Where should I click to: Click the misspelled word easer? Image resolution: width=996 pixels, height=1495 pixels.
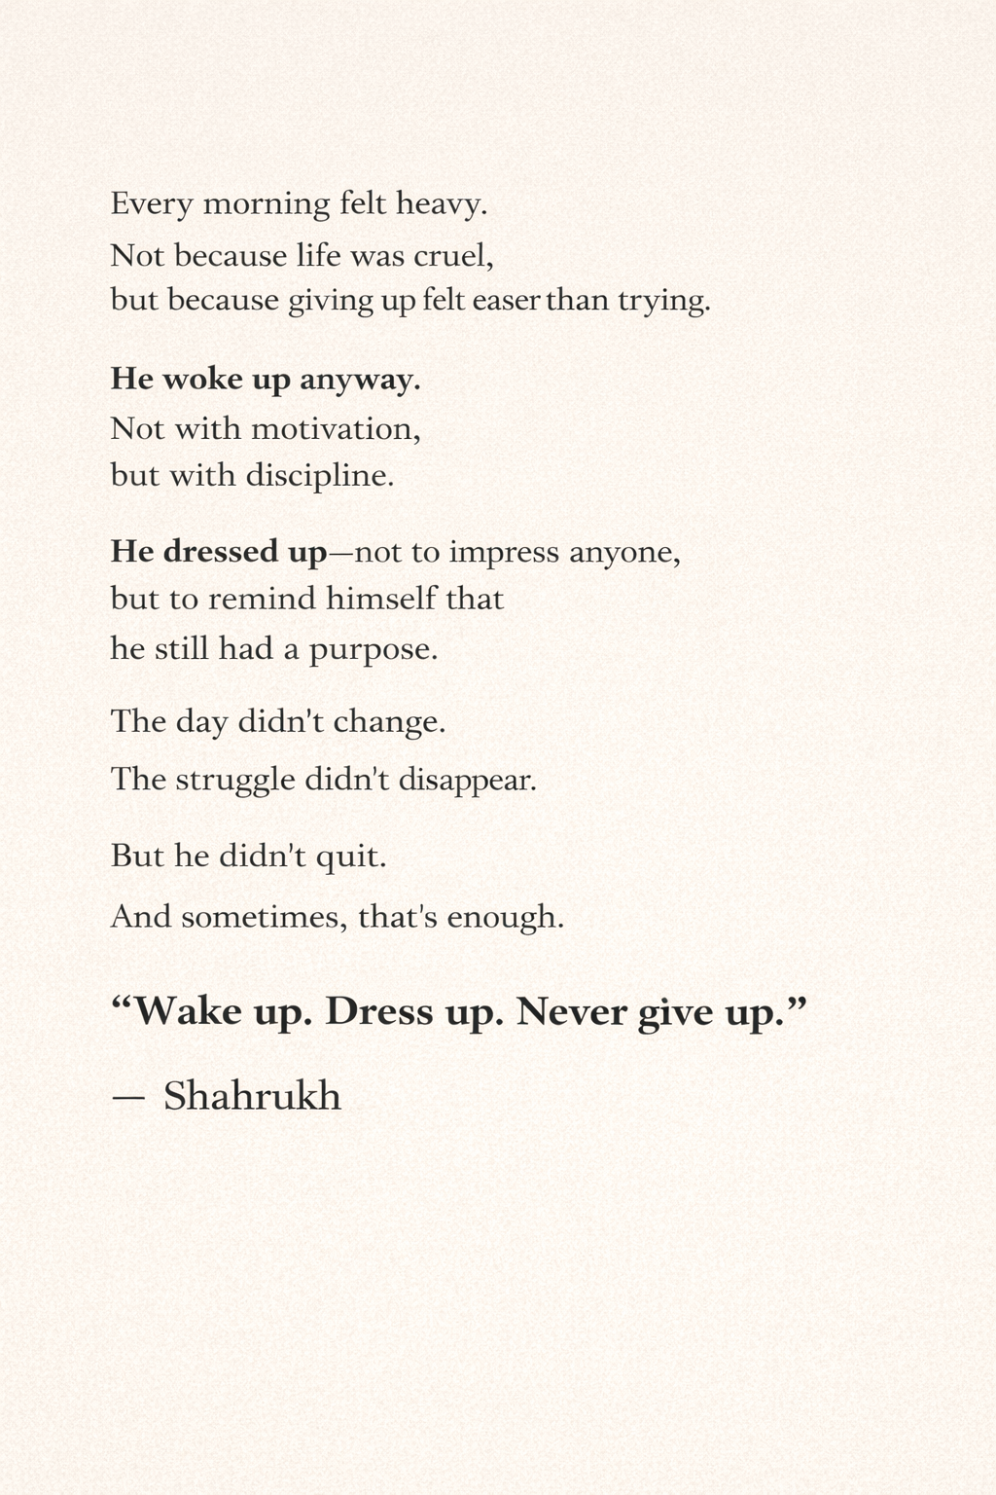point(506,300)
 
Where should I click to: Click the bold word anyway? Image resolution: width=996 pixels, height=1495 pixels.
point(360,380)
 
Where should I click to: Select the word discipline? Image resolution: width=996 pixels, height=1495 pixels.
point(320,476)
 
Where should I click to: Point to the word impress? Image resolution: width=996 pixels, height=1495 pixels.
point(504,553)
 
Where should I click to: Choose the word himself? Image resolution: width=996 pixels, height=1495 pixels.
point(381,598)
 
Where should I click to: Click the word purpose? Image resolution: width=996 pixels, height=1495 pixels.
point(373,649)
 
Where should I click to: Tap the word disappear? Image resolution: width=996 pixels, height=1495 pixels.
point(468,781)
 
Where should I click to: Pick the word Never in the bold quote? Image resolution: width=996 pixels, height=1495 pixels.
point(572,1012)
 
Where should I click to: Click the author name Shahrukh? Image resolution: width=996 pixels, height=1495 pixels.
point(252,1096)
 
